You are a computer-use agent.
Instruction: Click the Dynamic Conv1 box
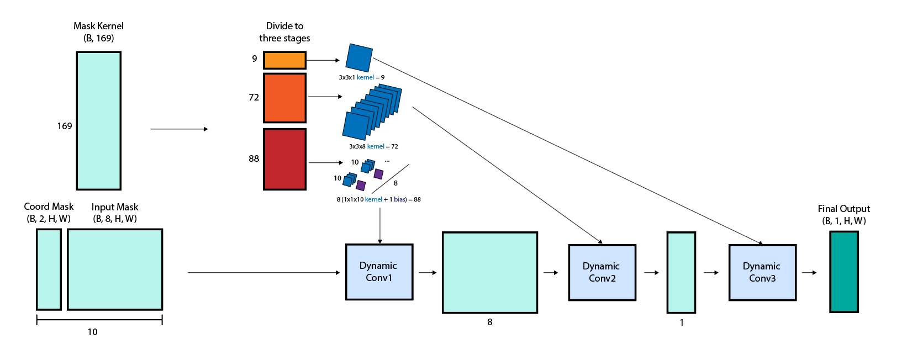pyautogui.click(x=379, y=272)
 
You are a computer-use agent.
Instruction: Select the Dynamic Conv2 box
pyautogui.click(x=602, y=273)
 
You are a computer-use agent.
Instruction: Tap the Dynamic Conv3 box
pyautogui.click(x=762, y=273)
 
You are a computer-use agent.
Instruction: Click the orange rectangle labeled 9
pyautogui.click(x=284, y=60)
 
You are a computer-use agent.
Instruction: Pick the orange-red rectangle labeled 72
pyautogui.click(x=284, y=98)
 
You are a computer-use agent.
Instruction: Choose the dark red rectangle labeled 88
pyautogui.click(x=284, y=159)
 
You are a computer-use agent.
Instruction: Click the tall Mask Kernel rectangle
pyautogui.click(x=98, y=120)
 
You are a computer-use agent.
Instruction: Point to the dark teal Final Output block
pyautogui.click(x=843, y=272)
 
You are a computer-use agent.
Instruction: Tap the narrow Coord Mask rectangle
pyautogui.click(x=49, y=269)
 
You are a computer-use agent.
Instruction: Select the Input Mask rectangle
pyautogui.click(x=115, y=269)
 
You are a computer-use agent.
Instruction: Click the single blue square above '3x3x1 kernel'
pyautogui.click(x=359, y=58)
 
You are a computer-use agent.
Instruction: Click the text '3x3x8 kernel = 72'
pyautogui.click(x=373, y=146)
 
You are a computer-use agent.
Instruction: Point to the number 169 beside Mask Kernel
pyautogui.click(x=65, y=126)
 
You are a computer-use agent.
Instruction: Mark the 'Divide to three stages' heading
pyautogui.click(x=284, y=32)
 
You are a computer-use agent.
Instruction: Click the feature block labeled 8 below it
pyautogui.click(x=489, y=272)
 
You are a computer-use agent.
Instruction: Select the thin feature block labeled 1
pyautogui.click(x=681, y=272)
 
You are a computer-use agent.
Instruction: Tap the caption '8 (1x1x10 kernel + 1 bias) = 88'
pyautogui.click(x=378, y=199)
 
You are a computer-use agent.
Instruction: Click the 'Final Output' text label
pyautogui.click(x=843, y=209)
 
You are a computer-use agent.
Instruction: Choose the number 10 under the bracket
pyautogui.click(x=92, y=332)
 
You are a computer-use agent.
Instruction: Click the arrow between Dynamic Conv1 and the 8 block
pyautogui.click(x=428, y=272)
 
